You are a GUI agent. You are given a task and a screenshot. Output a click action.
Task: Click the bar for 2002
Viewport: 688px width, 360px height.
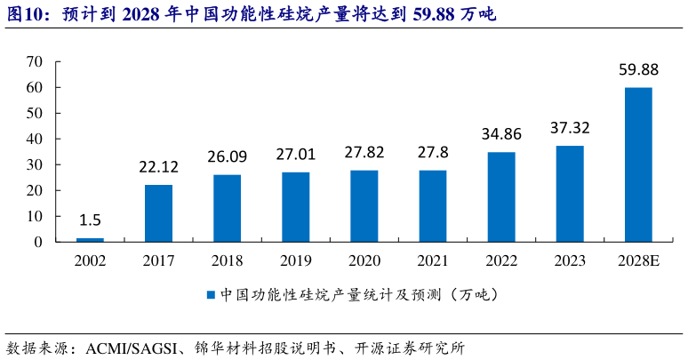(x=90, y=239)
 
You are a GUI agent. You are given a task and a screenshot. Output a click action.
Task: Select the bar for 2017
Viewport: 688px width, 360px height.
(x=158, y=213)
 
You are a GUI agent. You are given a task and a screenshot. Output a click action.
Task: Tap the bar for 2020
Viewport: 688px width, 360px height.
(x=364, y=206)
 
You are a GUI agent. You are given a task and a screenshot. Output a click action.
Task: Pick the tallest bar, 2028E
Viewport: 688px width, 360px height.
(x=638, y=164)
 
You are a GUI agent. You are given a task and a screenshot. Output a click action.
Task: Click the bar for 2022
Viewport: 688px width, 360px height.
(x=501, y=196)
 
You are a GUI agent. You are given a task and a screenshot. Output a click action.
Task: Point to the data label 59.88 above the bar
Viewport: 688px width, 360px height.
(x=638, y=68)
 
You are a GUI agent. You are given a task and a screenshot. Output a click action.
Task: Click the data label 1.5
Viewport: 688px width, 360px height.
(x=90, y=220)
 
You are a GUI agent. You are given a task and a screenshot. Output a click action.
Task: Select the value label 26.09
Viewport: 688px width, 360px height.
(x=227, y=156)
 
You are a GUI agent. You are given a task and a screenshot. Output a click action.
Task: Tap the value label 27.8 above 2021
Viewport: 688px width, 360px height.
(x=433, y=152)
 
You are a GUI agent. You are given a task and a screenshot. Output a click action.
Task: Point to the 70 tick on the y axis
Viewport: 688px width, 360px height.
(x=35, y=61)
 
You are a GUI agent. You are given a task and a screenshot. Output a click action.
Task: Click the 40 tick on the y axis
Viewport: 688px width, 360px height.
(x=35, y=139)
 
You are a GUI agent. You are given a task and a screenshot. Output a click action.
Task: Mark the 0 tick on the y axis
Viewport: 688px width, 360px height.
(x=38, y=242)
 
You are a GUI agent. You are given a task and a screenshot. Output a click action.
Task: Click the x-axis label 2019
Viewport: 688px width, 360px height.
(x=295, y=260)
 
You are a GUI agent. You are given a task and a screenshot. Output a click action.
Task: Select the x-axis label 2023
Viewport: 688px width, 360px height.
(x=570, y=260)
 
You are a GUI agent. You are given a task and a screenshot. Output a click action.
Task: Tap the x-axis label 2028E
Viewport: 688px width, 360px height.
(x=638, y=260)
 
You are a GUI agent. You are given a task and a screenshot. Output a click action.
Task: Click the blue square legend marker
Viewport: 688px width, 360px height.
(x=211, y=294)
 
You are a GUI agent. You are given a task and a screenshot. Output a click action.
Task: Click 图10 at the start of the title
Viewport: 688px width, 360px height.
(x=22, y=14)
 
